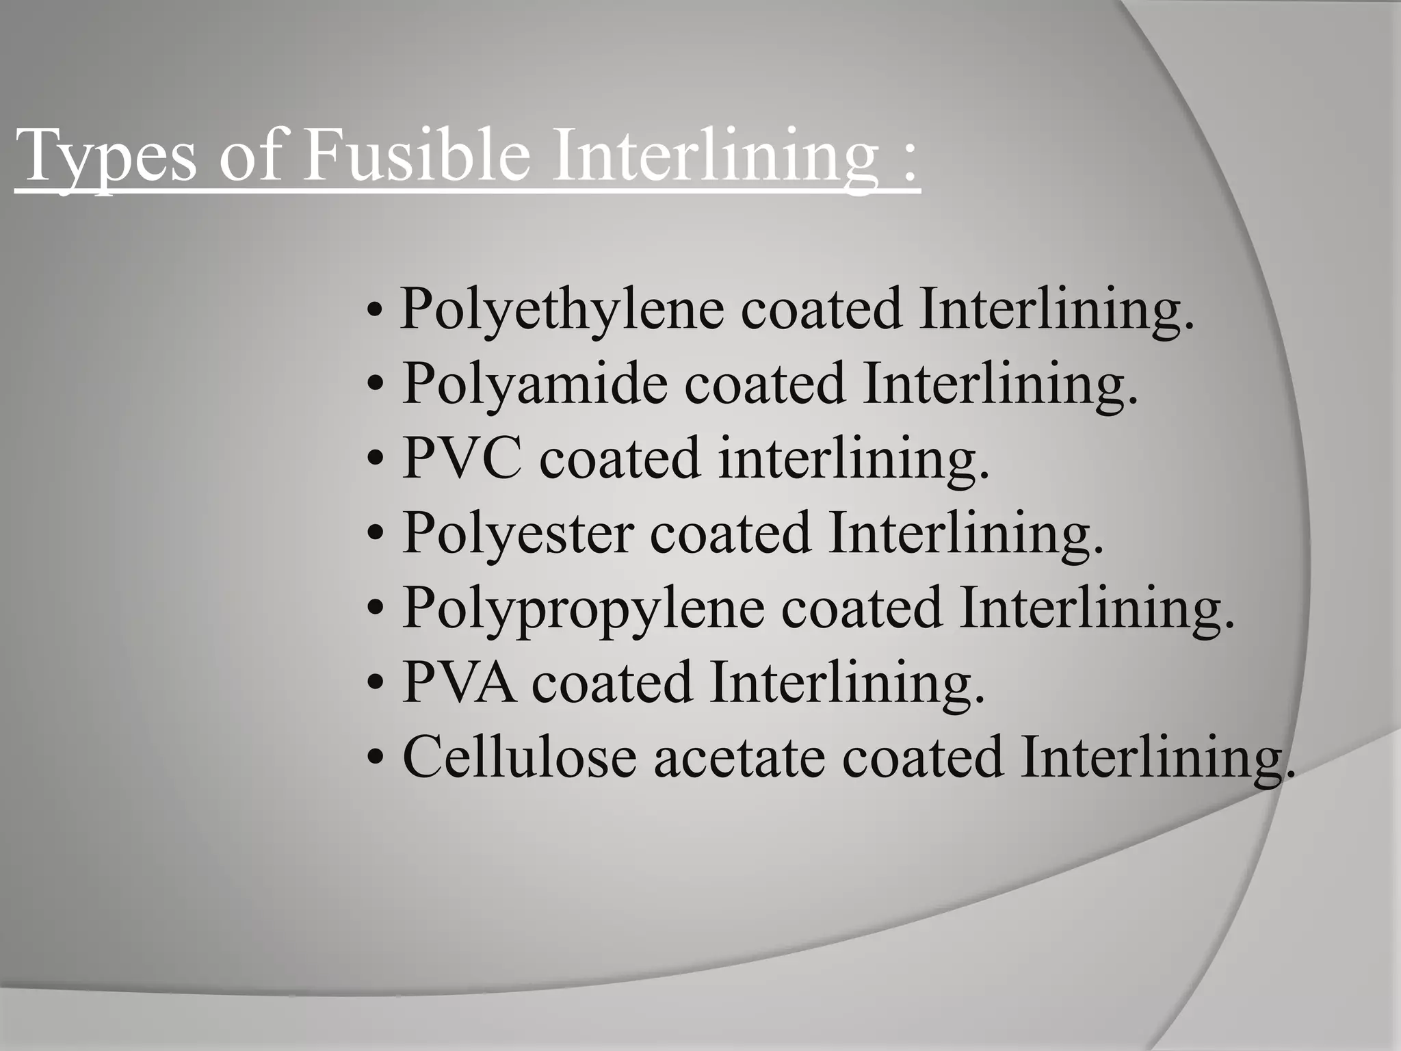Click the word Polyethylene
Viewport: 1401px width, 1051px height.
pyautogui.click(x=562, y=310)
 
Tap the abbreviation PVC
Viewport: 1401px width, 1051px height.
pyautogui.click(x=462, y=458)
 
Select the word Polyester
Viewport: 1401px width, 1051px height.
pyautogui.click(x=517, y=533)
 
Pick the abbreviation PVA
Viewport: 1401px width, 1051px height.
pyautogui.click(x=458, y=682)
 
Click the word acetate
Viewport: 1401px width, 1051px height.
pyautogui.click(x=739, y=757)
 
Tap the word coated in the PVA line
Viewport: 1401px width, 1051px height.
pyautogui.click(x=612, y=683)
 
